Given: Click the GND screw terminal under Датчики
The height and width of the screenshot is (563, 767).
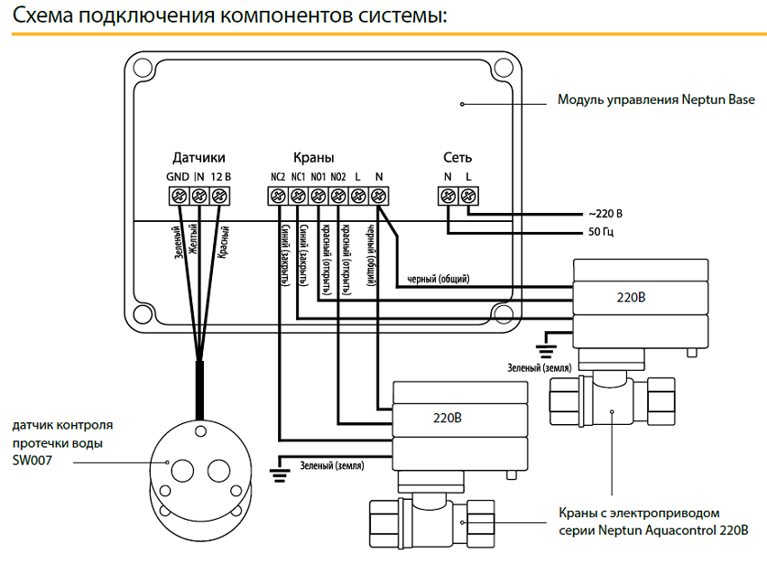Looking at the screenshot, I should (x=178, y=195).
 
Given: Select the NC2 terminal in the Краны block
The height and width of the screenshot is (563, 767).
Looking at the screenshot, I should (x=277, y=195).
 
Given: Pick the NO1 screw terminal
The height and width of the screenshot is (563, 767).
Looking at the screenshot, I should (x=318, y=195).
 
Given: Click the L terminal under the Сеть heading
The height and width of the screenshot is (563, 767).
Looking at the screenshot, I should (x=467, y=195).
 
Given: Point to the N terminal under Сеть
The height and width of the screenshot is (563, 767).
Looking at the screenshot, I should (x=448, y=195).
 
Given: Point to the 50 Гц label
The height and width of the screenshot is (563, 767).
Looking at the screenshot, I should (x=600, y=233).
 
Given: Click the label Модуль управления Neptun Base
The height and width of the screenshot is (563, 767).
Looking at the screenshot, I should (x=656, y=100).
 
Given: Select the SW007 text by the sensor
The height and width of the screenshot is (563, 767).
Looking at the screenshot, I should (x=31, y=461).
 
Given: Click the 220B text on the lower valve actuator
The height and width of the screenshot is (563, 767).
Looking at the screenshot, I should (x=448, y=420).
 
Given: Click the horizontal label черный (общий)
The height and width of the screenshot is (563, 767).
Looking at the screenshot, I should (x=439, y=278).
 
